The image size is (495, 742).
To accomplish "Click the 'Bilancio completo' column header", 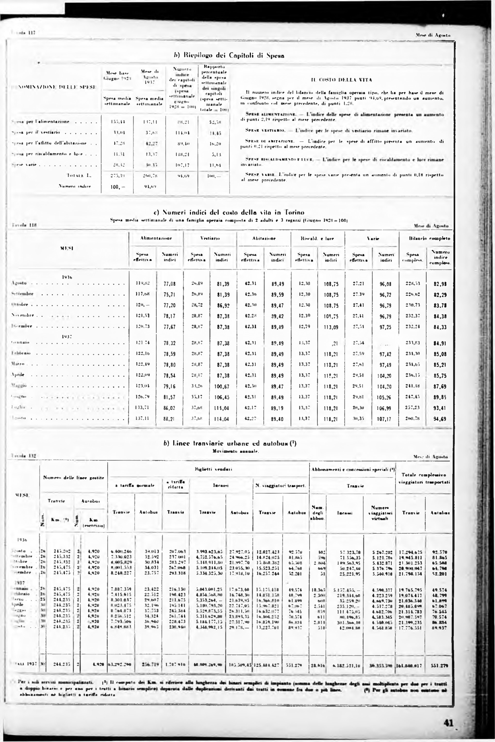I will coord(425,239).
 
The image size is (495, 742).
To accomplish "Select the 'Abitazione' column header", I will coord(264,239).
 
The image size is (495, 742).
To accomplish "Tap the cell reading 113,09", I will coord(331,327).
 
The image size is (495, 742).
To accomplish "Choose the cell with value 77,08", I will coord(170,284).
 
